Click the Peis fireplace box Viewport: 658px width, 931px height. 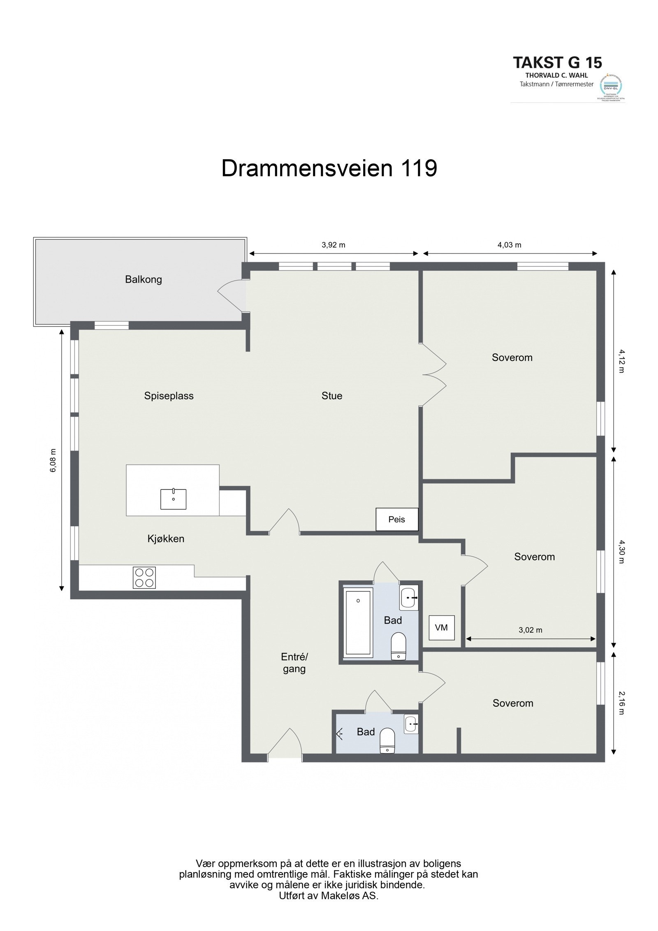[396, 519]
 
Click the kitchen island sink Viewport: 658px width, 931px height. [173, 499]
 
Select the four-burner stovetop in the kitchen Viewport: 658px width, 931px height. [144, 578]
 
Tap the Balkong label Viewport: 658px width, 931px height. [144, 280]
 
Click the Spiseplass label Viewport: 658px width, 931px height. [169, 396]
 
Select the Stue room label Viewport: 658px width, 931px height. [332, 396]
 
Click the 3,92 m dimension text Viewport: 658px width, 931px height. [333, 245]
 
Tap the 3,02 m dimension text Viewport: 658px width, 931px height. [530, 630]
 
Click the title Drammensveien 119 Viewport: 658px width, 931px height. [329, 169]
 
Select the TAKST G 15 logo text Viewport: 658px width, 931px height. [557, 63]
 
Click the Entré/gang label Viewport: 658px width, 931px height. [294, 663]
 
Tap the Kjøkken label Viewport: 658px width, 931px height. [166, 539]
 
